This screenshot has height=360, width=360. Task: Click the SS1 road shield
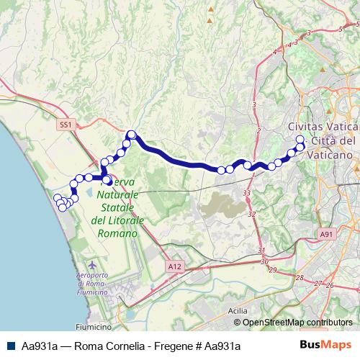pos(66,125)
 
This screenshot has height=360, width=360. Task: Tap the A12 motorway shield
pos(173,266)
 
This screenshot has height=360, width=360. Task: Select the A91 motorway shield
pos(328,235)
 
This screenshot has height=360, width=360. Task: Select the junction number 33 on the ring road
pos(247,193)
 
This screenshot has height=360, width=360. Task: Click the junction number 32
pos(251,215)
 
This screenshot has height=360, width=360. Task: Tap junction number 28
pos(299,278)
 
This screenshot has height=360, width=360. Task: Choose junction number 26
pos(330,286)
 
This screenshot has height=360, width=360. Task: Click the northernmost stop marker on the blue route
pos(131,134)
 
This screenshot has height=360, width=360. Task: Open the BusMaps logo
pos(326,346)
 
